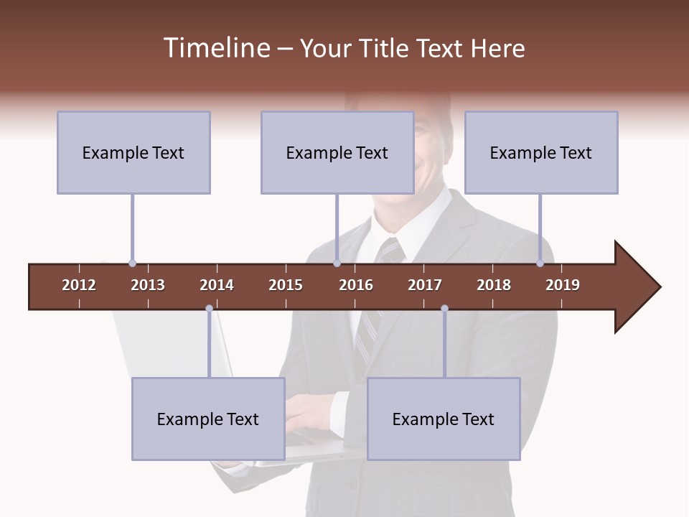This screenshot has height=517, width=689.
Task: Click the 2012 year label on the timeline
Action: tap(79, 285)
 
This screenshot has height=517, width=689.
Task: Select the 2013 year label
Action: tap(148, 285)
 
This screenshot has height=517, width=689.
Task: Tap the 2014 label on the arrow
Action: tap(217, 285)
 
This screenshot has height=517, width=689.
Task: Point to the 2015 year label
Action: tap(286, 285)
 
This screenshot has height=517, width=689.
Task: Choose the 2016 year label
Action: tap(356, 285)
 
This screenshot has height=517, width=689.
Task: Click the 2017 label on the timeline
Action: tap(425, 285)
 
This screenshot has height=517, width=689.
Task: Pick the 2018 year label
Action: tap(494, 285)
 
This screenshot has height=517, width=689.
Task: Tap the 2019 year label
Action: tap(563, 285)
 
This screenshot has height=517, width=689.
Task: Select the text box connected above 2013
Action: tap(133, 152)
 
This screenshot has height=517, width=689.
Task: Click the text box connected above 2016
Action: tap(337, 152)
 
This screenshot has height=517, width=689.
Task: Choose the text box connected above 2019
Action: tap(541, 152)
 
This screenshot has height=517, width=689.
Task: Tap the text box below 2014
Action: tap(208, 419)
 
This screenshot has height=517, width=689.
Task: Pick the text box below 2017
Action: tap(444, 419)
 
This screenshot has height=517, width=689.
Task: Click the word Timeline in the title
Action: tap(215, 48)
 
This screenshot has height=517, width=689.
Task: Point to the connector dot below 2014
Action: tap(209, 308)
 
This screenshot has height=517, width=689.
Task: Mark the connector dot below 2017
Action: tap(444, 308)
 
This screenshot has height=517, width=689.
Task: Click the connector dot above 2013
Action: tap(132, 264)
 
